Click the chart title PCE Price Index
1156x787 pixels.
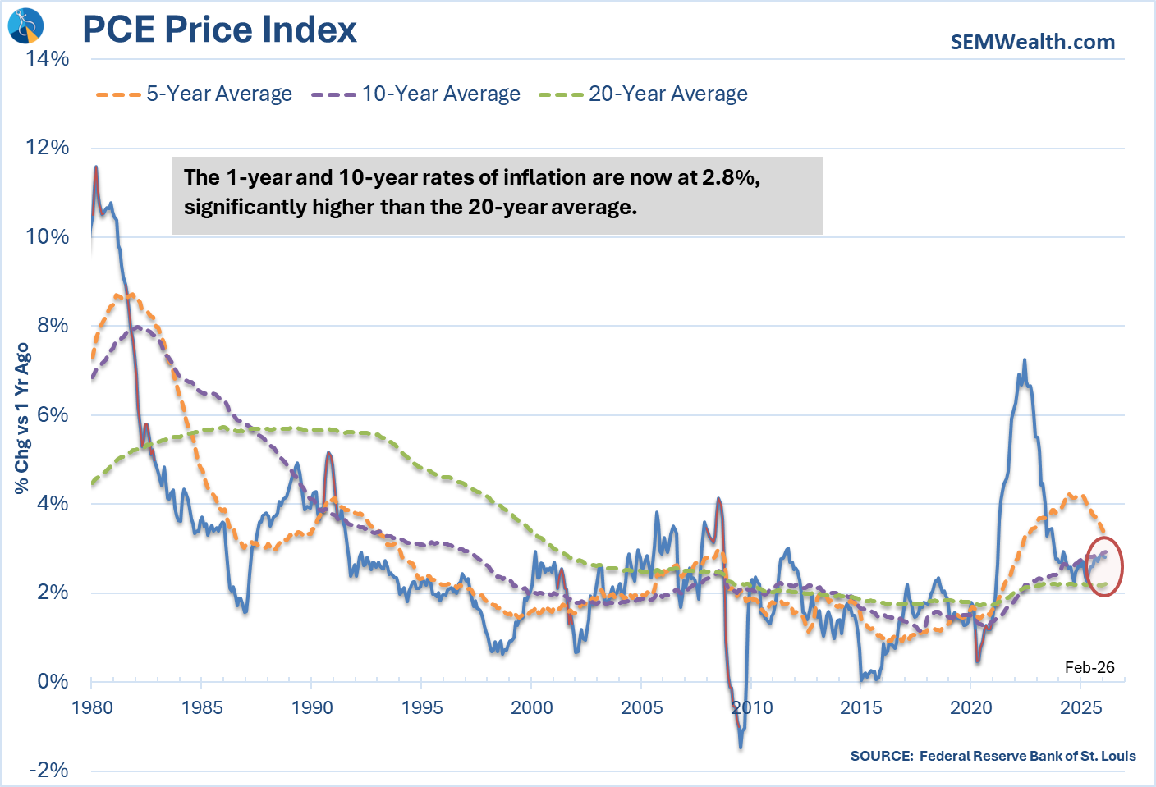[219, 30]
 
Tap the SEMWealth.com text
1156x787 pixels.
[1032, 42]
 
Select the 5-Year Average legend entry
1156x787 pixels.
[194, 94]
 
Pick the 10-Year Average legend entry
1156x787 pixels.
[415, 94]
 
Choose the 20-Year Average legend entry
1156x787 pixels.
[643, 94]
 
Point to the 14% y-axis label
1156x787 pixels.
[48, 58]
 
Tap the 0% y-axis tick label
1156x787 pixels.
[53, 681]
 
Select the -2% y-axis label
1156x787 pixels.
[49, 770]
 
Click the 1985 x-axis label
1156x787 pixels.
[202, 707]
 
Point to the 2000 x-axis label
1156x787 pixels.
[532, 707]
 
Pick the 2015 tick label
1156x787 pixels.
[861, 707]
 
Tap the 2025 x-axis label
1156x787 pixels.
[1080, 707]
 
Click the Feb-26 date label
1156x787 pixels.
[1089, 667]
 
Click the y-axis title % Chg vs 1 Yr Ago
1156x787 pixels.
[22, 419]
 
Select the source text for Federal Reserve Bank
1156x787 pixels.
[993, 756]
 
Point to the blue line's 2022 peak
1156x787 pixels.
[1024, 360]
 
